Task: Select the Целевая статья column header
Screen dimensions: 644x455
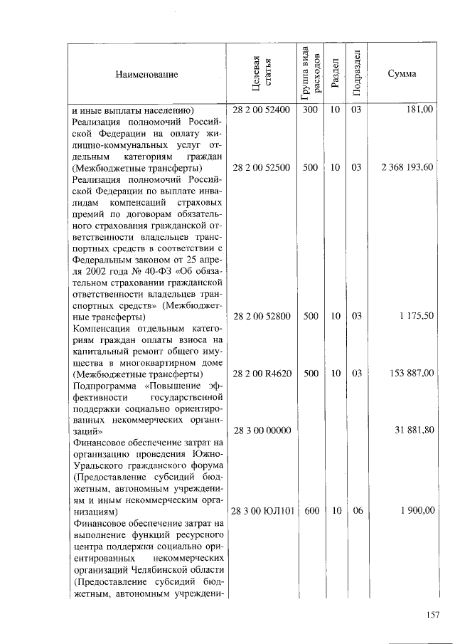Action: pos(261,74)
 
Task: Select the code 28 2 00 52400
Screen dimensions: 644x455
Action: pos(261,110)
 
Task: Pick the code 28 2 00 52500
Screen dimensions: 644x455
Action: pos(261,167)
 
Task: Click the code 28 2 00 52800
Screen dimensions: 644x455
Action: pos(261,316)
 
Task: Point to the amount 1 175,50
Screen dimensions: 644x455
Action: pos(416,316)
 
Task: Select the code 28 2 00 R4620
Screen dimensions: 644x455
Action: pos(261,373)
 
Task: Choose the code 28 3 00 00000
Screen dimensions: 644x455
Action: pos(261,431)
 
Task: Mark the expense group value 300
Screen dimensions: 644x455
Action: pos(311,110)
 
